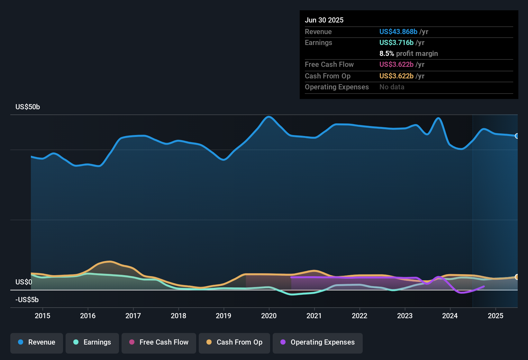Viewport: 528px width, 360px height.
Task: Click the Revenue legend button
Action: point(37,342)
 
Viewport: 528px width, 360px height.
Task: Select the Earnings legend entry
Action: point(92,342)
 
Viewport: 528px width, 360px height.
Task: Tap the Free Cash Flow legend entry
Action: point(159,342)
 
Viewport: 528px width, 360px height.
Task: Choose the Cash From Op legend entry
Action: point(234,342)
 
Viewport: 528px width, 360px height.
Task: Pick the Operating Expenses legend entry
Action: point(318,342)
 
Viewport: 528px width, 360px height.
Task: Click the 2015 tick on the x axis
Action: point(42,316)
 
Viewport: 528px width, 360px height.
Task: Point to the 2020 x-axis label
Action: point(269,316)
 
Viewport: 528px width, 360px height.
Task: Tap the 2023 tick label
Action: point(405,316)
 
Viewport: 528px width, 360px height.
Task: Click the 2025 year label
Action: point(496,316)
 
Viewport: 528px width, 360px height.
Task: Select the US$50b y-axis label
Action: point(28,107)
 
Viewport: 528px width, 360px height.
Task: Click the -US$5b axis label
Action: point(27,300)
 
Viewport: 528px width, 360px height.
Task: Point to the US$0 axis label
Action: point(24,282)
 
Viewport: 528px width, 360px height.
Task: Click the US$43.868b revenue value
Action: point(398,32)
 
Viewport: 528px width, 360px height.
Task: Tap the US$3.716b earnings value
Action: point(396,42)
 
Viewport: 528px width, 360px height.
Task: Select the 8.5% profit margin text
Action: point(408,53)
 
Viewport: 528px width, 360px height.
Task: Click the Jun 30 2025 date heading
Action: point(324,20)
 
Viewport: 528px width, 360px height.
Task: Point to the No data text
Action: point(392,87)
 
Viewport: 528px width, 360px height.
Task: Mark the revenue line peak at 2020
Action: point(269,117)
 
